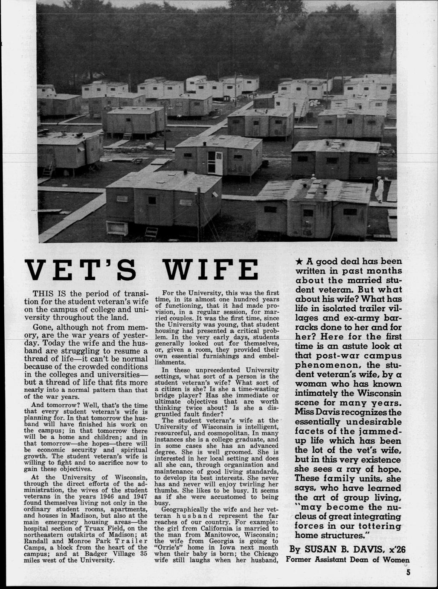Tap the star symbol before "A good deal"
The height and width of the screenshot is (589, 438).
pos(299,261)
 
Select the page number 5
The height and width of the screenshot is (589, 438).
pos(408,574)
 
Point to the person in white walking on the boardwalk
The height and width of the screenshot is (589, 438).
pos(378,188)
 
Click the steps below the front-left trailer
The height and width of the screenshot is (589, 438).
pos(151,233)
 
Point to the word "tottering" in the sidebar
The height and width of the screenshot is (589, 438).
pos(374,526)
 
